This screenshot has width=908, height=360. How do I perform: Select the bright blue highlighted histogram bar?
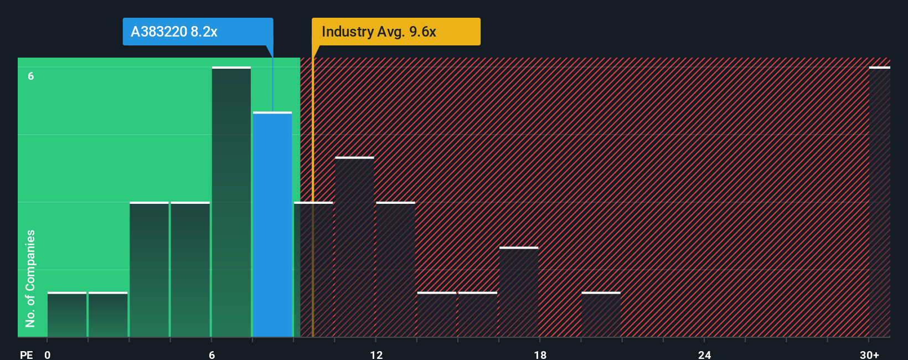pos(272,224)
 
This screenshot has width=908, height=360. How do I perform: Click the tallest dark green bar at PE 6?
pos(231,202)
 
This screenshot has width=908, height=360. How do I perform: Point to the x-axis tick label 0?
pos(48,354)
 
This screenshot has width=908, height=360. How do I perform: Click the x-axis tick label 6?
pos(211,354)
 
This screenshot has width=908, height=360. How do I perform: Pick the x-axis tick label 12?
pos(376,354)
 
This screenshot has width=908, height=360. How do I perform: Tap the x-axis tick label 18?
pos(540,354)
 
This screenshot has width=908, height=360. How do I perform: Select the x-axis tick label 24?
pos(704,354)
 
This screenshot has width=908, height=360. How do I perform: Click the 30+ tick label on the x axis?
pos(869,354)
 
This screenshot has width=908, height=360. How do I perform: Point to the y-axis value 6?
pos(31,76)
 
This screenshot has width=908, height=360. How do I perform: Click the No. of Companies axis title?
pos(30,278)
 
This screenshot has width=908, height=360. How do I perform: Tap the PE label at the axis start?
pos(26,354)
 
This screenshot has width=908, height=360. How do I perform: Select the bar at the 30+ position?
pos(879,202)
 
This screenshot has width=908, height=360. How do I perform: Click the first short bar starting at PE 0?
pos(67,315)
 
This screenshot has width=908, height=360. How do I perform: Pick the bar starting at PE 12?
pos(395,270)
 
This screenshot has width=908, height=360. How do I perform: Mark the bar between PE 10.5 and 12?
pos(354,247)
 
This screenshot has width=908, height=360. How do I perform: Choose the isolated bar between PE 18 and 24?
pos(601,315)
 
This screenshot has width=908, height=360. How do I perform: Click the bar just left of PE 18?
pos(519,292)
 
